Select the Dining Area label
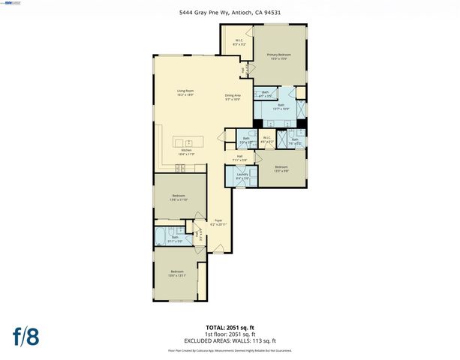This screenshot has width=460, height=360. click(x=233, y=97)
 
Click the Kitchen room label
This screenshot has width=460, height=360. click(x=186, y=152)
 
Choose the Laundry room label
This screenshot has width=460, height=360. click(x=242, y=176)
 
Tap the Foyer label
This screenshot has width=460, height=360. click(x=218, y=222)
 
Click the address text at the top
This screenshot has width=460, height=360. click(x=230, y=11)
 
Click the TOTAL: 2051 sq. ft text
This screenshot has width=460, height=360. click(x=230, y=327)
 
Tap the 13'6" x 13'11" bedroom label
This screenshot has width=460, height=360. click(x=177, y=273)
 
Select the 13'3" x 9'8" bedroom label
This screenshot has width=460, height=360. click(x=281, y=169)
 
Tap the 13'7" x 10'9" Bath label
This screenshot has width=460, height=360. click(x=281, y=107)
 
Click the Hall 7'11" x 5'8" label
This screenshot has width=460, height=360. click(x=239, y=158)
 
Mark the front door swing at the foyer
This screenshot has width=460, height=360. click(x=217, y=248)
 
